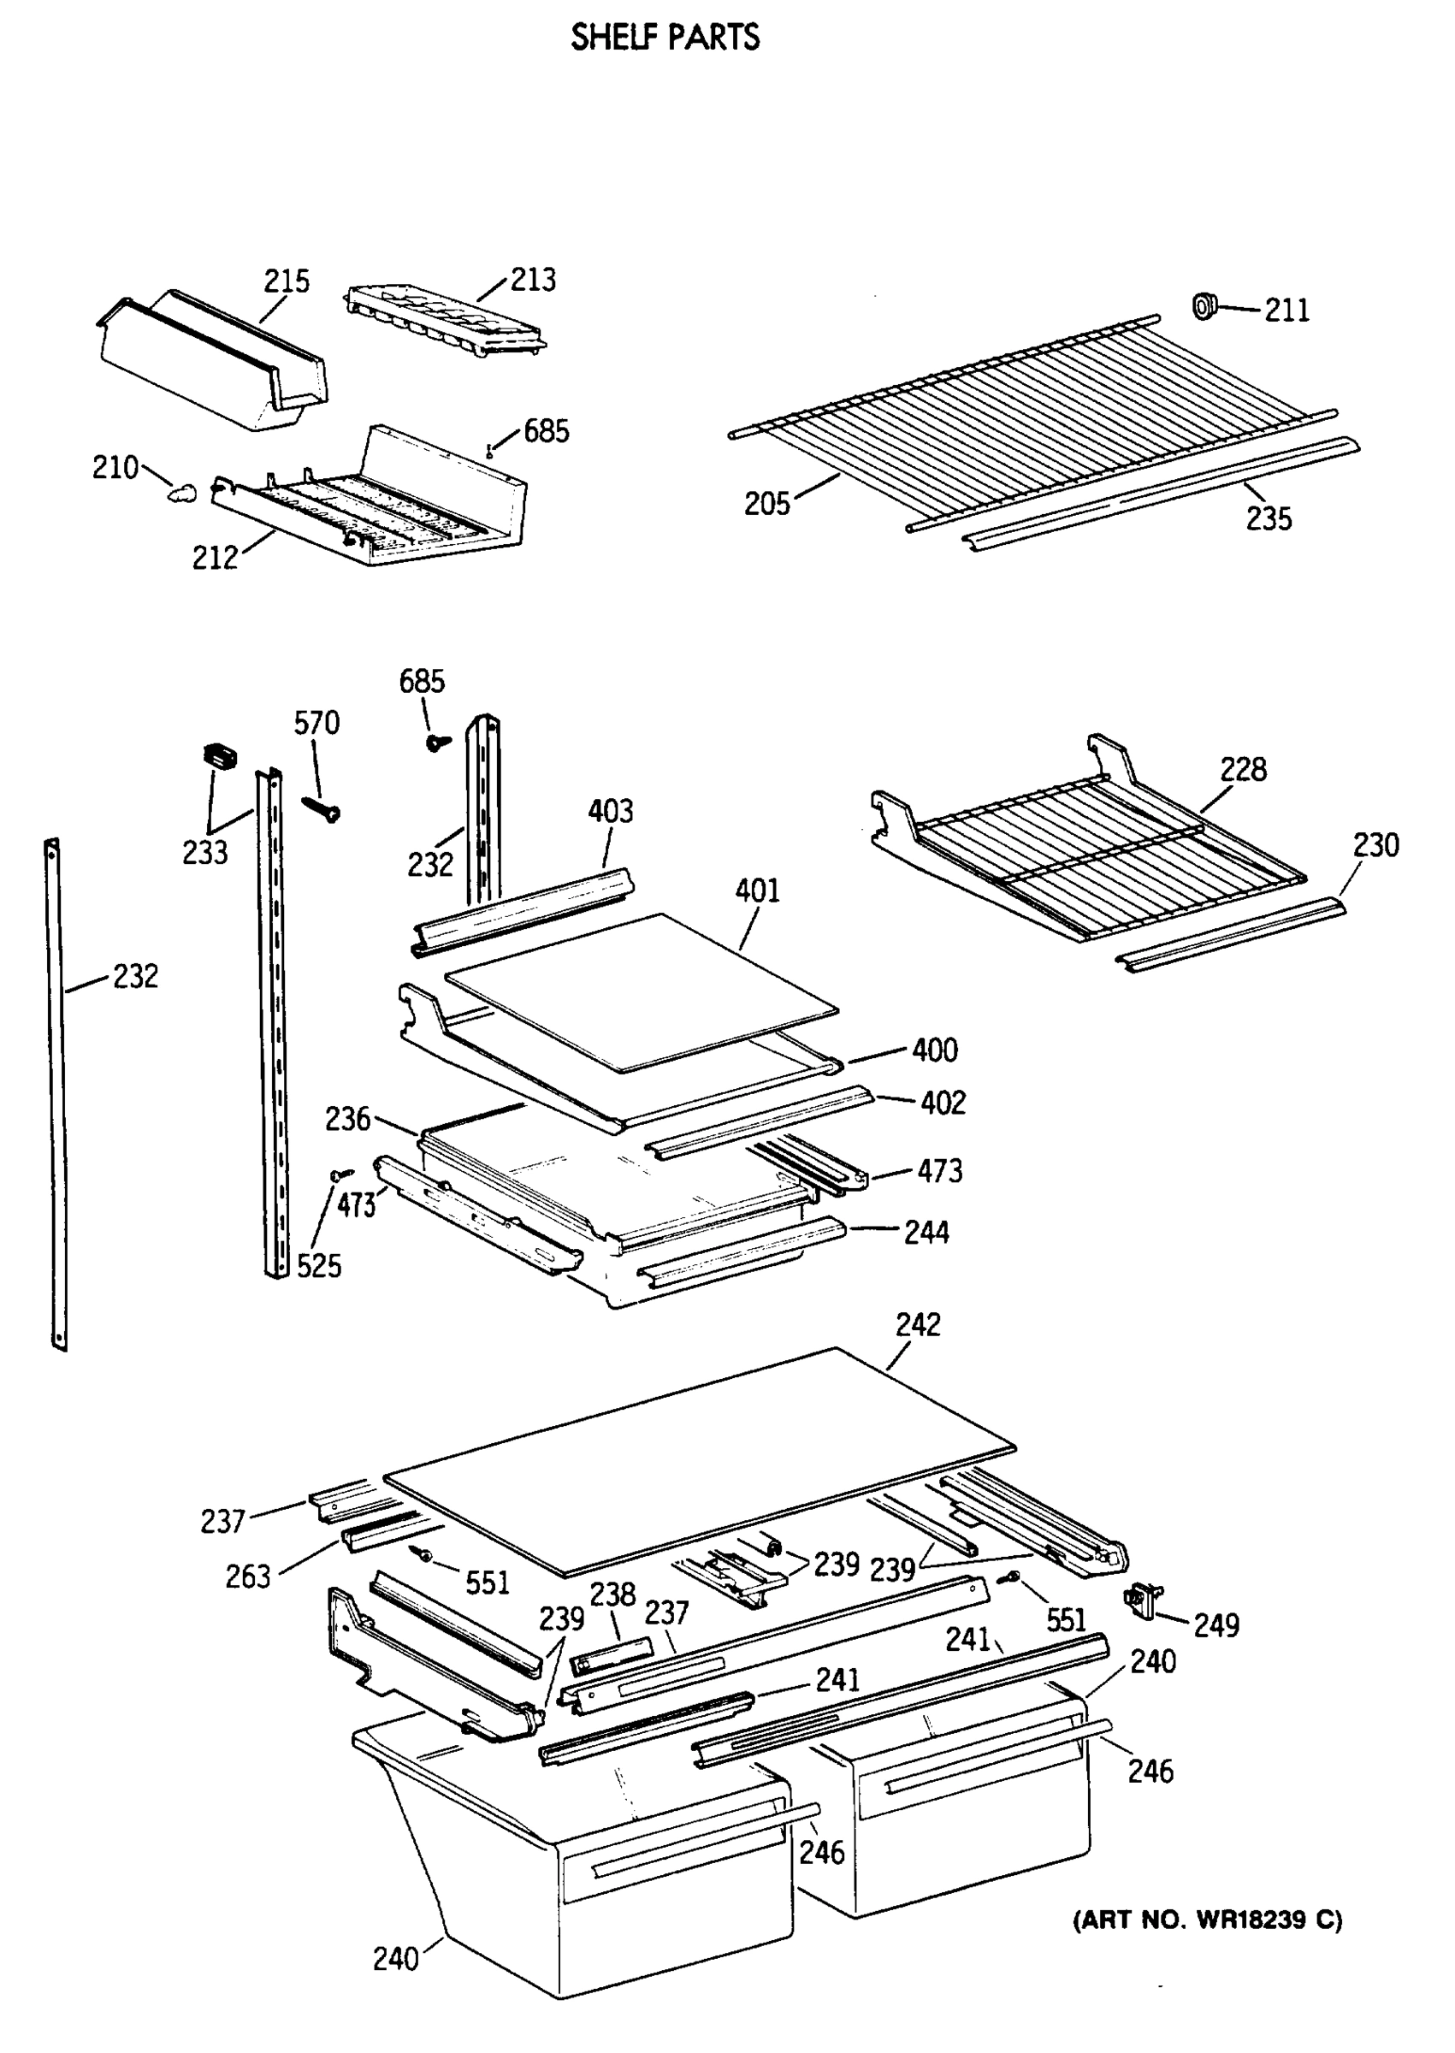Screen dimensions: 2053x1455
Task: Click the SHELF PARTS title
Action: pos(665,38)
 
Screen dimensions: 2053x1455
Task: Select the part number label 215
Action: pos(286,281)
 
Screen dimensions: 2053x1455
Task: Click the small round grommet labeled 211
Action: pos(1204,305)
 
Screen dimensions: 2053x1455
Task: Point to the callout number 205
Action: pos(767,505)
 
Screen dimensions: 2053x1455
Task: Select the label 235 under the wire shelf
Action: pos(1269,518)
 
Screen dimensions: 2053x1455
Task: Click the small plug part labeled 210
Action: pos(183,492)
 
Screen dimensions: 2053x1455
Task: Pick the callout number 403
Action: pos(610,812)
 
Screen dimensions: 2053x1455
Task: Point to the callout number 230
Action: pos(1375,844)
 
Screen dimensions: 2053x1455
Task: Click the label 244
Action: pos(926,1233)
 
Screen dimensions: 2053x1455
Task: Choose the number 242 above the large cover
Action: pos(918,1325)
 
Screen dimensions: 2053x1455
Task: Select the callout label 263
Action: pos(247,1577)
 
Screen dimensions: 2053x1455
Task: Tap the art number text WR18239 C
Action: pos(1207,1920)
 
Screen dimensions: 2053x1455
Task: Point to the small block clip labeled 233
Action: pos(220,756)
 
